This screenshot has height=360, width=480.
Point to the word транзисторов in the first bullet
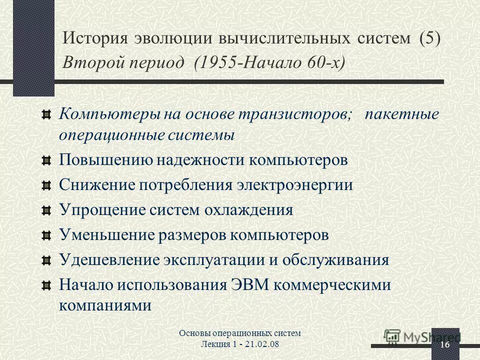coord(295,114)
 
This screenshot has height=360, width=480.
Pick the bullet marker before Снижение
coord(46,185)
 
